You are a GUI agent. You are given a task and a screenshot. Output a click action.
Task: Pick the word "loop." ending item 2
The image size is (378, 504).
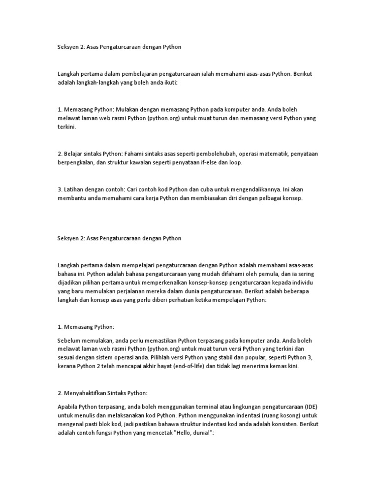click(235, 162)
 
